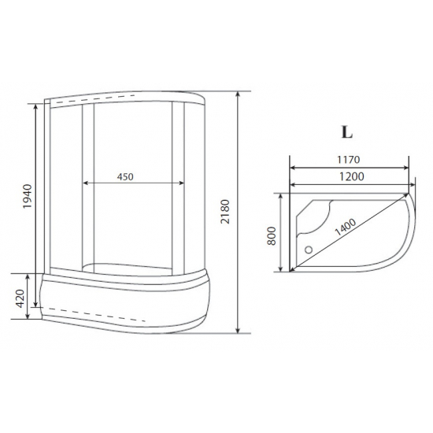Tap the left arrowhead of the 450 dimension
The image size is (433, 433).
pyautogui.click(x=84, y=184)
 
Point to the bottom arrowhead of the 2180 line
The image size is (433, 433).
pyautogui.click(x=239, y=331)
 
